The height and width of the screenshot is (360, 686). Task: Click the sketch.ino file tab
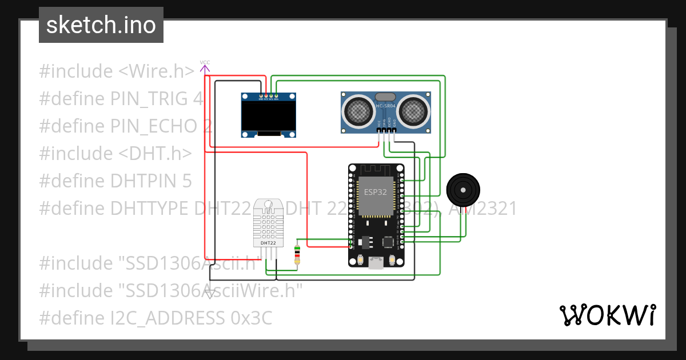[x=101, y=25]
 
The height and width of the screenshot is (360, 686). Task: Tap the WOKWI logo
[x=607, y=315]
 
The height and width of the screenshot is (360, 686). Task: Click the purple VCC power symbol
[x=205, y=67]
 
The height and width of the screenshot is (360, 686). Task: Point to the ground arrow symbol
[x=210, y=294]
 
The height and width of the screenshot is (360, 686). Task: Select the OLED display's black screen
[x=269, y=115]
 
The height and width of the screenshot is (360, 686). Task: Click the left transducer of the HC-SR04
[x=359, y=109]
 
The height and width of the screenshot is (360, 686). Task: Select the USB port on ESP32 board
[x=376, y=262]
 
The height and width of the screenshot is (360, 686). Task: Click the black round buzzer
[x=463, y=189]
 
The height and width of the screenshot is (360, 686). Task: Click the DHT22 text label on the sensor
[x=269, y=243]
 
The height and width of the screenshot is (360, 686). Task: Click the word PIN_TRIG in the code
[x=151, y=99]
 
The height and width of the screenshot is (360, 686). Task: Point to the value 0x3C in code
[x=251, y=318]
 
